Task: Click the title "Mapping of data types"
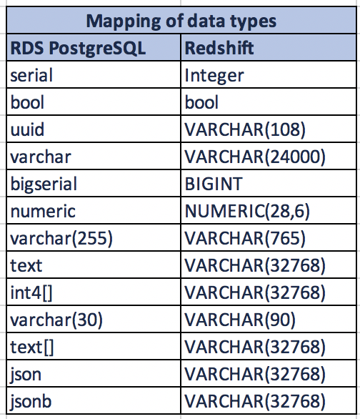coord(181,21)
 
